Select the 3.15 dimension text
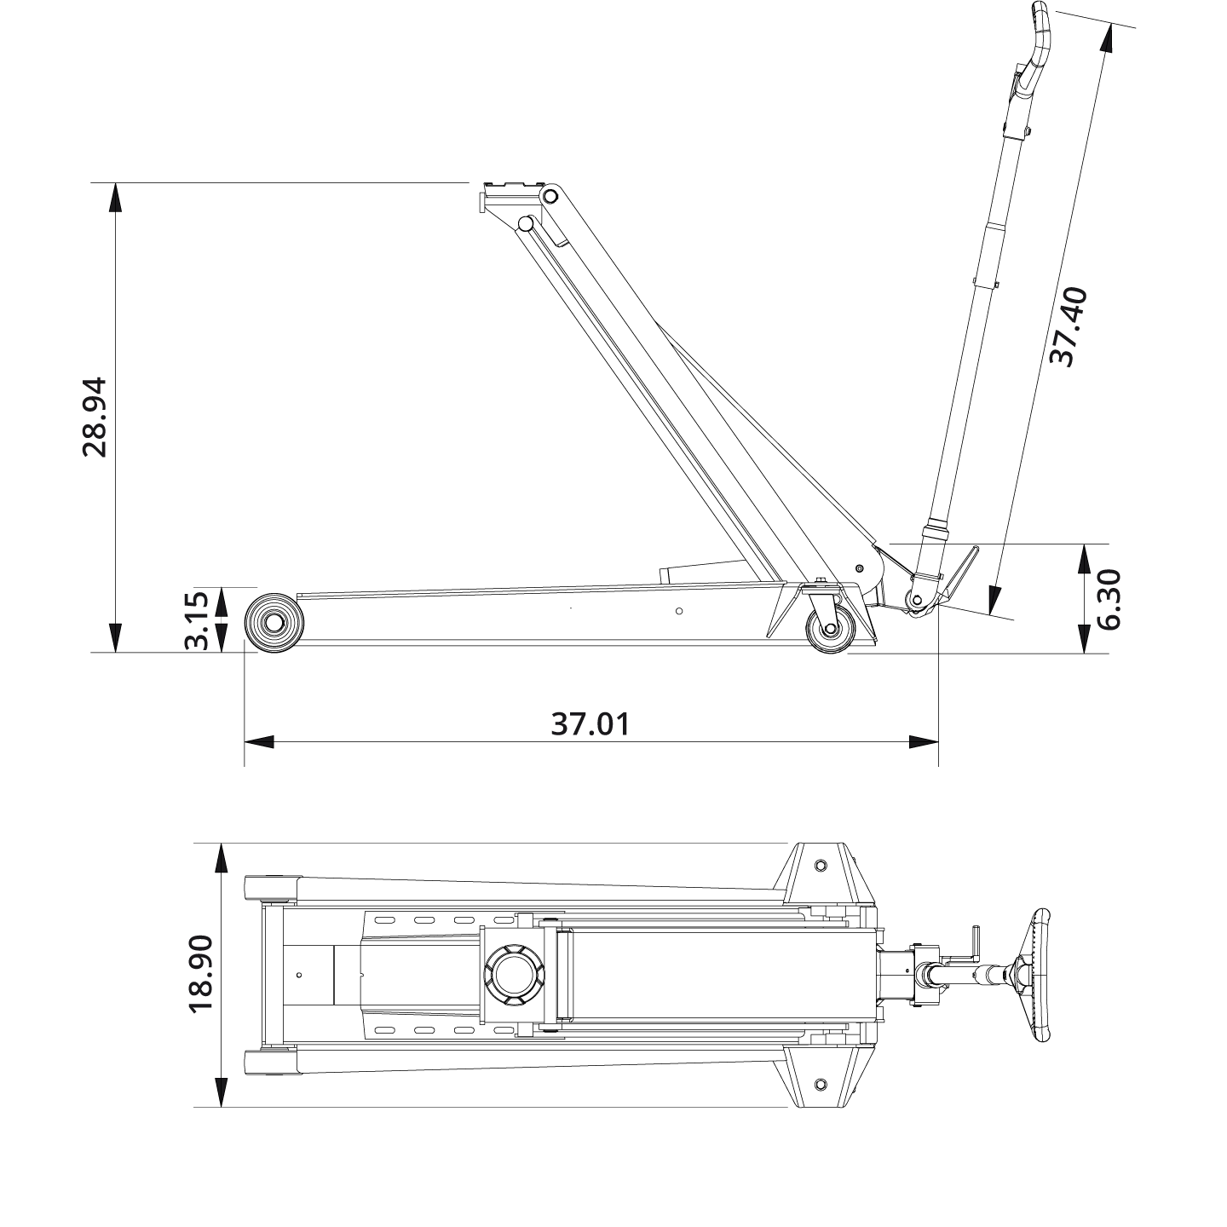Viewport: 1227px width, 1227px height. (x=198, y=619)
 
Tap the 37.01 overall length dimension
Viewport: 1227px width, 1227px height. (x=590, y=724)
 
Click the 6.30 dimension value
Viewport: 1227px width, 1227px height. (x=1109, y=599)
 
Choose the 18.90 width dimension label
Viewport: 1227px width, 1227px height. (x=201, y=974)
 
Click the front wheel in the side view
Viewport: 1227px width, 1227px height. (x=274, y=622)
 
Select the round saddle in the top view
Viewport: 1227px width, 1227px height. (x=512, y=974)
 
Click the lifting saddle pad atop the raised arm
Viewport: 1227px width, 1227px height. (x=511, y=187)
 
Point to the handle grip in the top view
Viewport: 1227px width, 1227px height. (x=1041, y=975)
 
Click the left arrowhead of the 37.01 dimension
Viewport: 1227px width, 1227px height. (x=259, y=741)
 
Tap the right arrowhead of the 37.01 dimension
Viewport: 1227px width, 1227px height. (x=924, y=741)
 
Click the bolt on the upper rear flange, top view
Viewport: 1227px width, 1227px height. (x=820, y=865)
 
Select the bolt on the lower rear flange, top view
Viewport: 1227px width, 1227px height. (x=820, y=1084)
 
